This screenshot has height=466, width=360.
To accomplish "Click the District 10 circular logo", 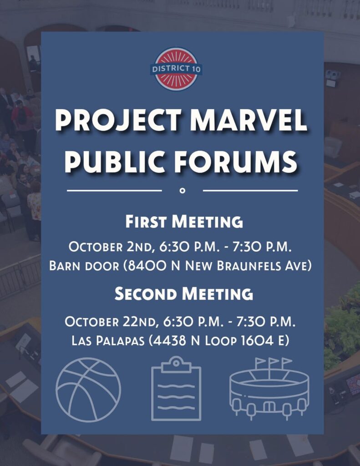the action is coord(176,69).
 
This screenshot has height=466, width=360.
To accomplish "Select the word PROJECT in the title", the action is coord(118,121).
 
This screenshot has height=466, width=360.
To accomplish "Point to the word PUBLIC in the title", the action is coord(115,162).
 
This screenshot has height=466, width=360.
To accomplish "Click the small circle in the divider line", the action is coord(183,191).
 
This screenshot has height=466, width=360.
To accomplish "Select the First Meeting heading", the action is coord(184,222).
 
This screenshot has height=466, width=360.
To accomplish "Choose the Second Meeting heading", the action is coord(184,294).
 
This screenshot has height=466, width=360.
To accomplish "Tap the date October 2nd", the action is coord(112,247).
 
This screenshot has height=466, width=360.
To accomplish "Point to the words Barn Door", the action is coord(84,265).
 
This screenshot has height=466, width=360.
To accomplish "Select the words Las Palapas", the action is coord(108,340).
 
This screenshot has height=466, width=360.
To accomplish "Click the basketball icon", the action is coord(88,390).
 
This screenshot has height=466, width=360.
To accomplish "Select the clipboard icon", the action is coord(176,389).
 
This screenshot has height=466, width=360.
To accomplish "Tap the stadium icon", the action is coord(269,389).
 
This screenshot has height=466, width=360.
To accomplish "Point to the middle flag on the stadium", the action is coord(274,361).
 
